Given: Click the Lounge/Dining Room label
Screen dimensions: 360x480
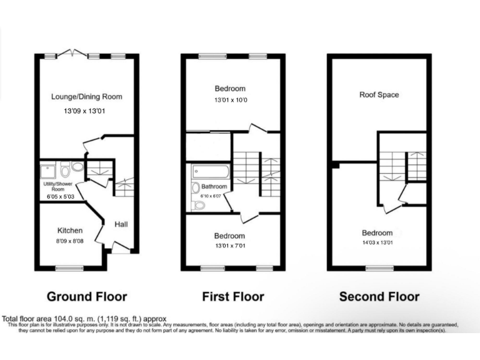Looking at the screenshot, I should point(86,97).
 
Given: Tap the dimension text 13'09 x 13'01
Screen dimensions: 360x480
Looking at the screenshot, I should point(86,112).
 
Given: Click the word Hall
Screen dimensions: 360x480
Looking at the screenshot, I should point(121,224).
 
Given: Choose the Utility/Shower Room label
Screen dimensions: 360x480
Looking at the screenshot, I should point(57,186).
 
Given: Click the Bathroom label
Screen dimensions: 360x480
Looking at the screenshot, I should point(214,187).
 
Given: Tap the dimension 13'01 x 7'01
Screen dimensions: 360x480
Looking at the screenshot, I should point(230,247).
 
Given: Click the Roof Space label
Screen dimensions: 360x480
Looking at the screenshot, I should point(379,95).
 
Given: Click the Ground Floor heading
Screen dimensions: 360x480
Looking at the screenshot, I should point(87,297).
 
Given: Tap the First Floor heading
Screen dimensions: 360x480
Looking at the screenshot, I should point(232,297).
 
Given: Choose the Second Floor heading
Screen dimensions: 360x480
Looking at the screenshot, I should point(379,297).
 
